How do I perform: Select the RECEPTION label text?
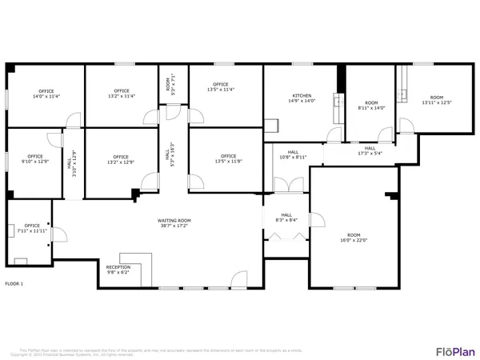click(x=118, y=270)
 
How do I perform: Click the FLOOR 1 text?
click(x=14, y=284)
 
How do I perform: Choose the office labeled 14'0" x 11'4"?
click(x=46, y=94)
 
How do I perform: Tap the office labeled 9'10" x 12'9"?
click(x=34, y=159)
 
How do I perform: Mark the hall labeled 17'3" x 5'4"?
click(x=370, y=151)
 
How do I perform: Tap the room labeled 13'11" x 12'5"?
click(x=437, y=100)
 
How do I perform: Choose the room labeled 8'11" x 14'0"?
click(x=370, y=106)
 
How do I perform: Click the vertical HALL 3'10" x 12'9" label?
click(x=73, y=163)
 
